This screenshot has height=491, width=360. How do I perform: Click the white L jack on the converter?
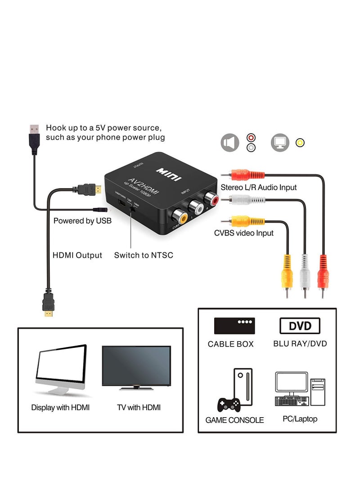click(x=197, y=207)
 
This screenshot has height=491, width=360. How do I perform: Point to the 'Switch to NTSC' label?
click(x=144, y=255)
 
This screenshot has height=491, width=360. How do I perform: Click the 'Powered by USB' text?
click(x=82, y=221)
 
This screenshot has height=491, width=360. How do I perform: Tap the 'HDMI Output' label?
click(x=77, y=255)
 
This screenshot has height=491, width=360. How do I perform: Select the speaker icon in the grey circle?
click(x=230, y=143)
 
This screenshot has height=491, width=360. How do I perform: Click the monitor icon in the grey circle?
click(x=280, y=143)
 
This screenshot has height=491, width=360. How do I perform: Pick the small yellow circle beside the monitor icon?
click(x=300, y=143)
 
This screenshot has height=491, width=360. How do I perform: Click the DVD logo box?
click(x=300, y=326)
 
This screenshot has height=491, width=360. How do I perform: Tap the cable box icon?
click(x=234, y=326)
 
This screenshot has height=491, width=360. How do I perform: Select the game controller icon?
click(x=229, y=404)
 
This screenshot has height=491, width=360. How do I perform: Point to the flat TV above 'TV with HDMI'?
click(x=136, y=367)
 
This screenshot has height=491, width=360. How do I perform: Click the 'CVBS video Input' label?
click(x=243, y=233)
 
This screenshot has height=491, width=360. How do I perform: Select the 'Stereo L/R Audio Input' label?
click(x=258, y=187)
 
